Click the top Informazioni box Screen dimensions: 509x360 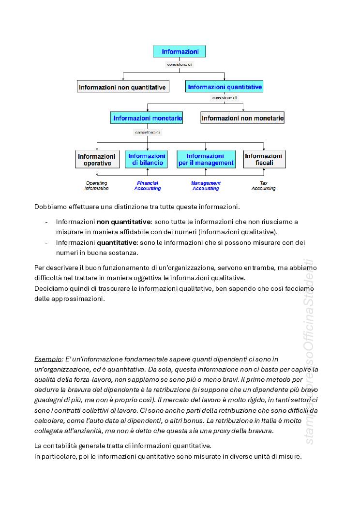[x=179, y=52]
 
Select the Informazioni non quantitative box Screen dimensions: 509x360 [x=123, y=87]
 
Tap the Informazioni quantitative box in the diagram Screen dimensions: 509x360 [x=225, y=87]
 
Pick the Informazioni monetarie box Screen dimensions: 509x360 [x=147, y=118]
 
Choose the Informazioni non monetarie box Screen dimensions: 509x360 [x=242, y=118]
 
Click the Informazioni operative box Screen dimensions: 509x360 [x=97, y=160]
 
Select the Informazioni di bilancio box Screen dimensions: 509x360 [x=147, y=160]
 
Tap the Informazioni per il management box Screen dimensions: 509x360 [x=206, y=160]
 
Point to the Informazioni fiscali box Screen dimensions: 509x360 [x=264, y=160]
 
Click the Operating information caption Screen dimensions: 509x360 [x=97, y=186]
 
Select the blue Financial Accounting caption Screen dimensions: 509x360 [x=148, y=186]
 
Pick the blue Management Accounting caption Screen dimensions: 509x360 [x=206, y=186]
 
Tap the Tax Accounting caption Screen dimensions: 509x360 [x=263, y=186]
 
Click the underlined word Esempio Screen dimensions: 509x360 [x=47, y=359]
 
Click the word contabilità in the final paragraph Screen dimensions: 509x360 [x=62, y=446]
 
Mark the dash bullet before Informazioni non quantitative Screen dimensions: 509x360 [x=46, y=222]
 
